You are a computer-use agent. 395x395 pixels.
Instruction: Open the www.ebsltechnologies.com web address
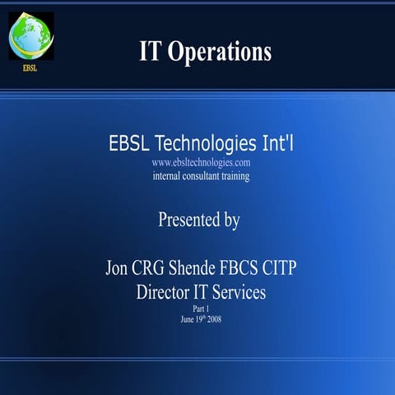(x=201, y=163)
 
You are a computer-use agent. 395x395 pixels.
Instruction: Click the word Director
(x=166, y=291)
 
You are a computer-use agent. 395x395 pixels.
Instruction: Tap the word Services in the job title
(x=244, y=291)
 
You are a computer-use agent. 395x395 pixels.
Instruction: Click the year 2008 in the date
(x=212, y=318)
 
